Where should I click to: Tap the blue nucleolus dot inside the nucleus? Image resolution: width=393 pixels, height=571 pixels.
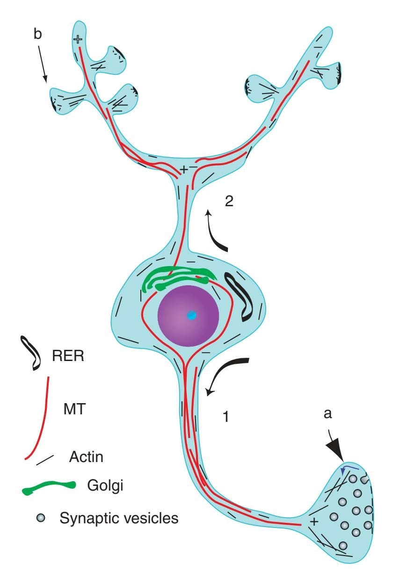[x=191, y=316]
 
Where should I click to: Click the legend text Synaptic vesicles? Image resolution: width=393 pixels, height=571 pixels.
[x=119, y=518]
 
